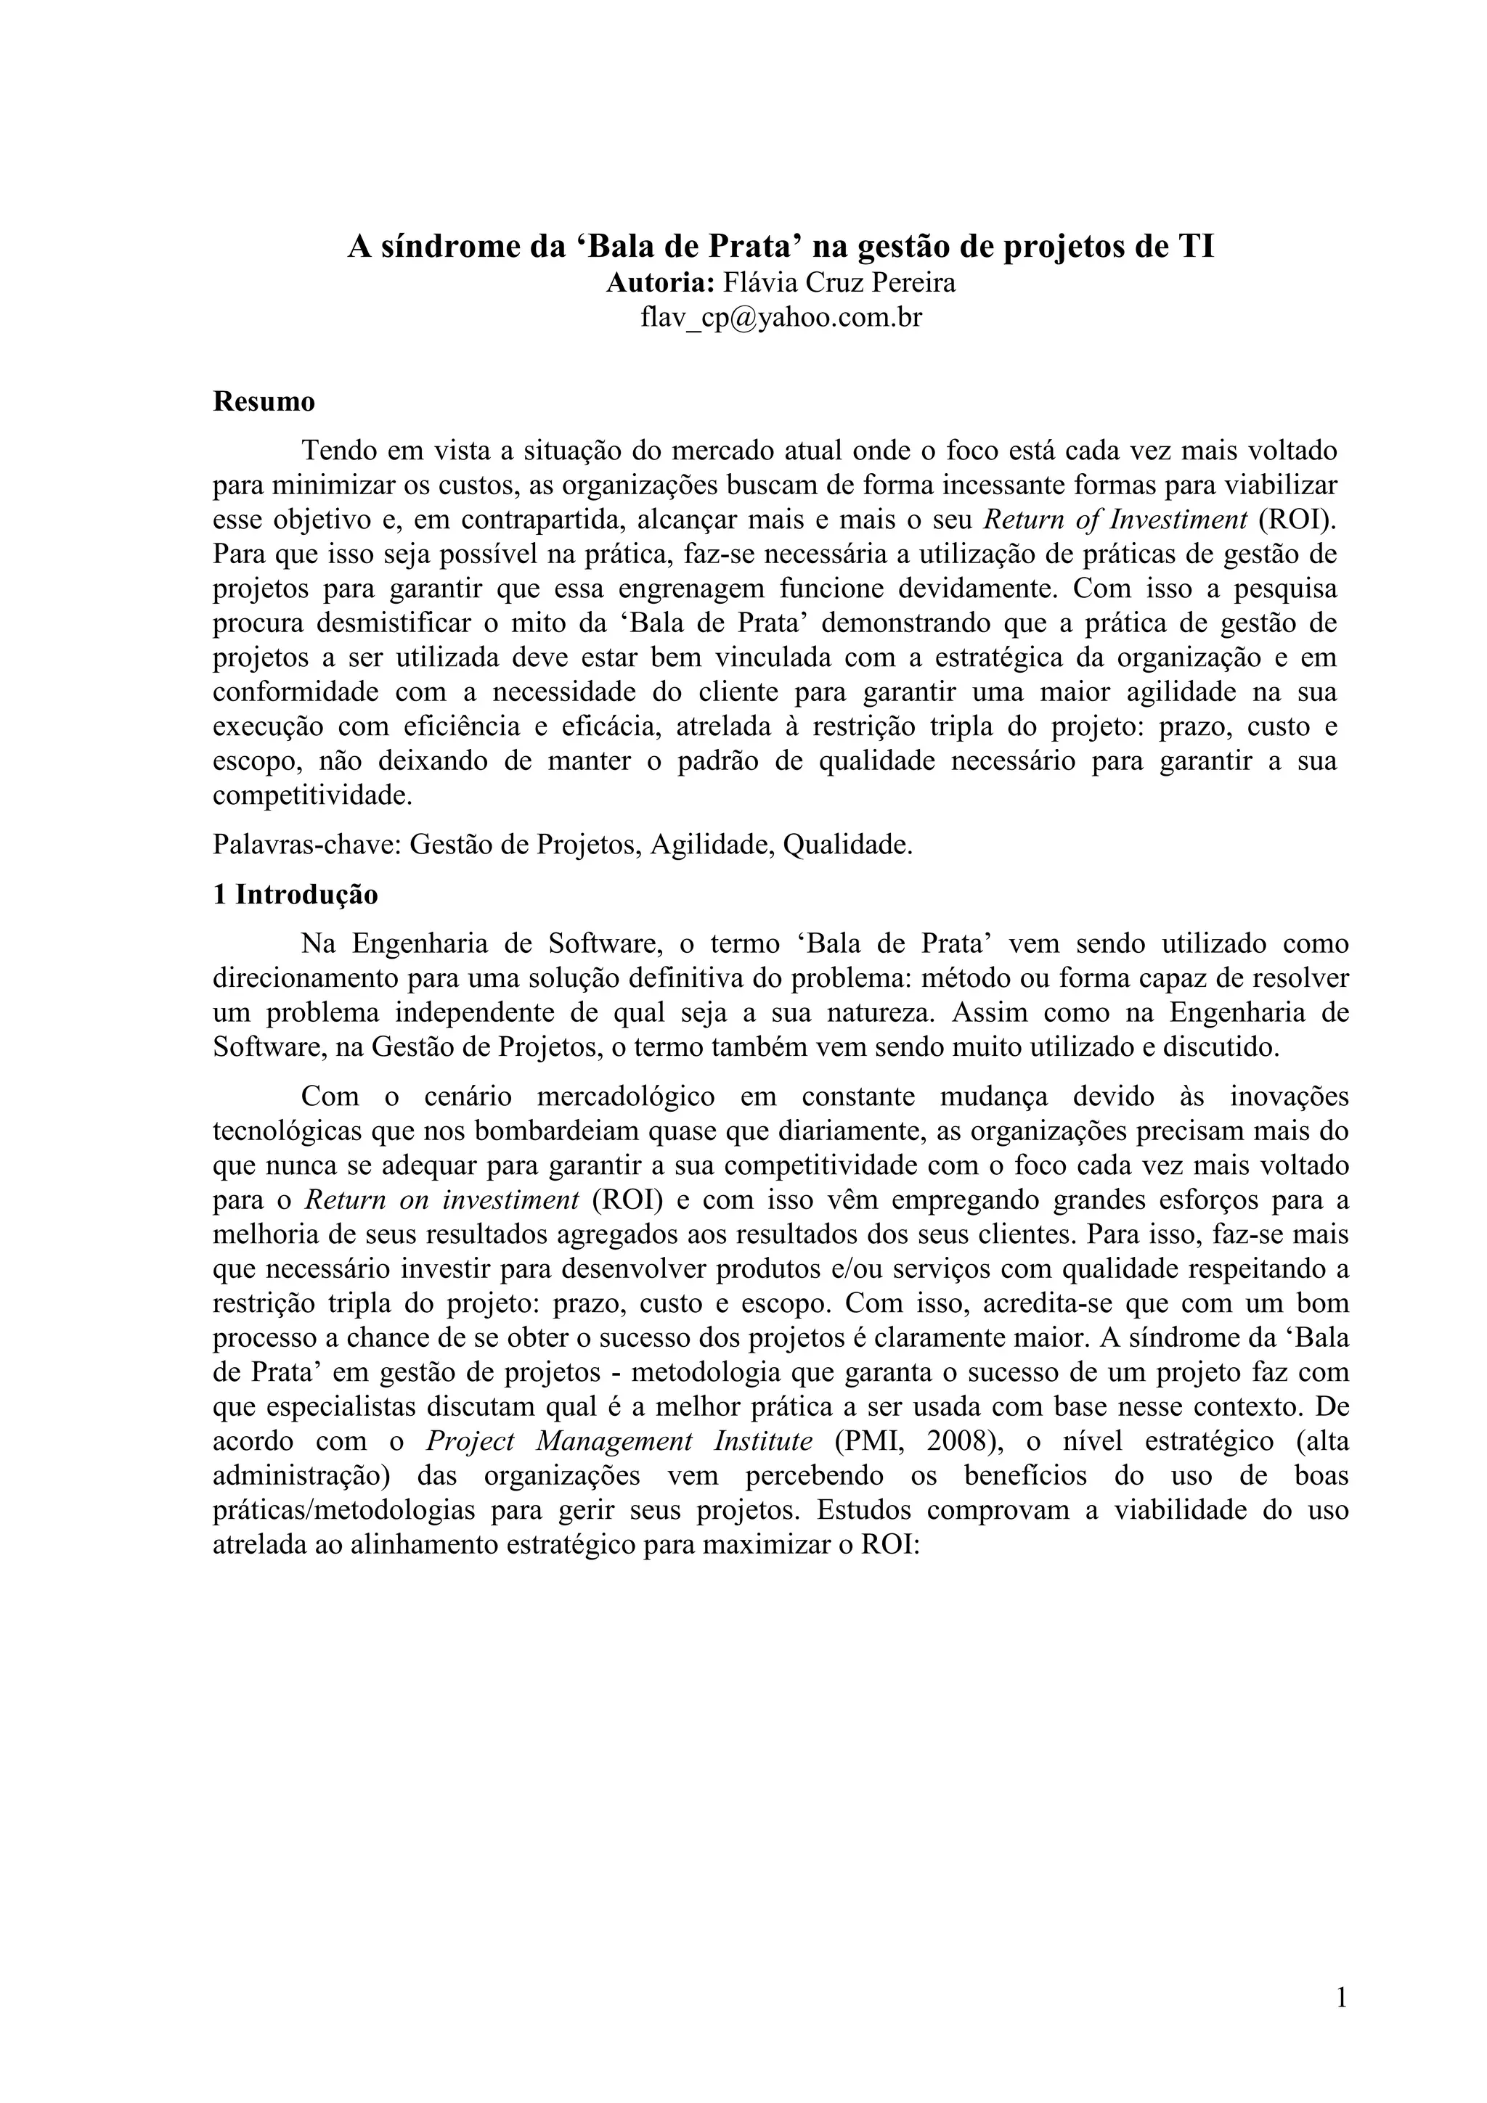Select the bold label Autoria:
pos(660,283)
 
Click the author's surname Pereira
pos(913,283)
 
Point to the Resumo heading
pos(264,401)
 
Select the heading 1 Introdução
pos(295,894)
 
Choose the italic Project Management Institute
pos(619,1440)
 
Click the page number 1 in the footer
pos(1341,1998)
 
